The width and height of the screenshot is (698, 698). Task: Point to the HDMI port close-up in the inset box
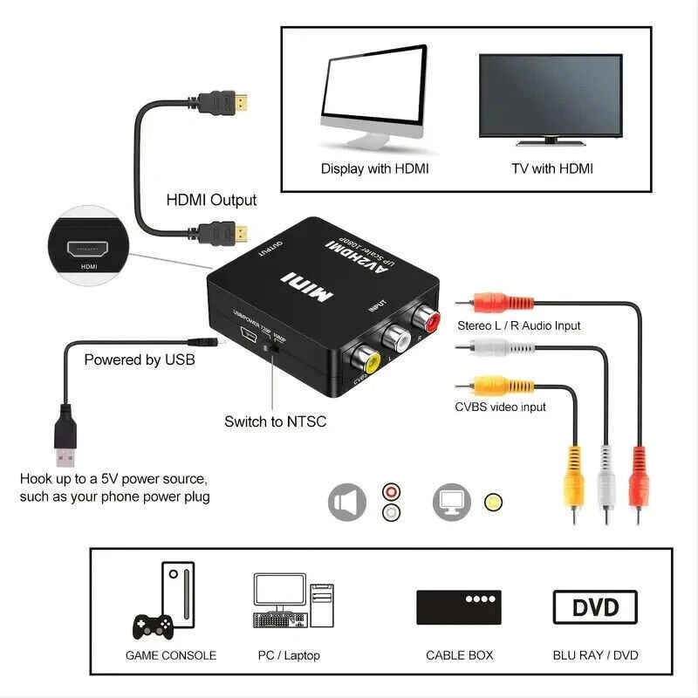pyautogui.click(x=88, y=247)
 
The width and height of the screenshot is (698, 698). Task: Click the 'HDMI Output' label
pyautogui.click(x=211, y=200)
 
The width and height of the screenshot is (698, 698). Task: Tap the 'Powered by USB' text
pyautogui.click(x=139, y=359)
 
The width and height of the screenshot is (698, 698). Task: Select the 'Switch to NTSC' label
pyautogui.click(x=275, y=421)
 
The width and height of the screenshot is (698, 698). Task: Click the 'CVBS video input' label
pyautogui.click(x=500, y=407)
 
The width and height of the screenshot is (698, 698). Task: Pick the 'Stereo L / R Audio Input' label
pyautogui.click(x=518, y=325)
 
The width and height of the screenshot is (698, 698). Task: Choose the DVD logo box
pyautogui.click(x=595, y=606)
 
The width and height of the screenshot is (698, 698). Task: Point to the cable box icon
pyautogui.click(x=459, y=606)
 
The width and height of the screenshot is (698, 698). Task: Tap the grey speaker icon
pyautogui.click(x=347, y=503)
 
